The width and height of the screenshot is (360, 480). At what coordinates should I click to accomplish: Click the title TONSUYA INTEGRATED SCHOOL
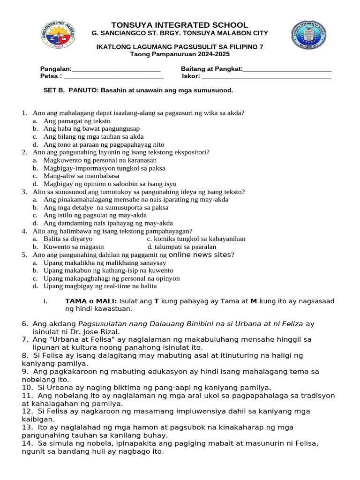point(180,25)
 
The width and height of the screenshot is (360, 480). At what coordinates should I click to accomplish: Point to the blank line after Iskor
point(266,76)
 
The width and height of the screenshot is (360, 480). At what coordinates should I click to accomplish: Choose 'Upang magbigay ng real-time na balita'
point(100,286)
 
